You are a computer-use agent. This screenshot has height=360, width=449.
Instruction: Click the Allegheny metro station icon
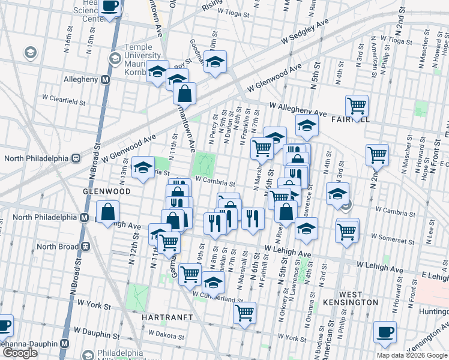click(105, 79)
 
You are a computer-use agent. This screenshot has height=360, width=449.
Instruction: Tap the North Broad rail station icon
click(86, 246)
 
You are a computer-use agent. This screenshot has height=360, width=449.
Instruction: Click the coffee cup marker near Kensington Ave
click(384, 332)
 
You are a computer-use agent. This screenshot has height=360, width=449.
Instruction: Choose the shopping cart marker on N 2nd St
click(377, 154)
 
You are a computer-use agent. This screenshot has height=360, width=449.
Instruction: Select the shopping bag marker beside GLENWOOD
click(107, 211)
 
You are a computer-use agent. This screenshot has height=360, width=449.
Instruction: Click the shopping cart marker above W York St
click(244, 312)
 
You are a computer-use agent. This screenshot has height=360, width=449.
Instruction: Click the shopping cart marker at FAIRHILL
click(357, 105)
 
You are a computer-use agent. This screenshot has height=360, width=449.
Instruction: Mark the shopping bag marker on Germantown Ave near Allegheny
click(184, 93)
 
